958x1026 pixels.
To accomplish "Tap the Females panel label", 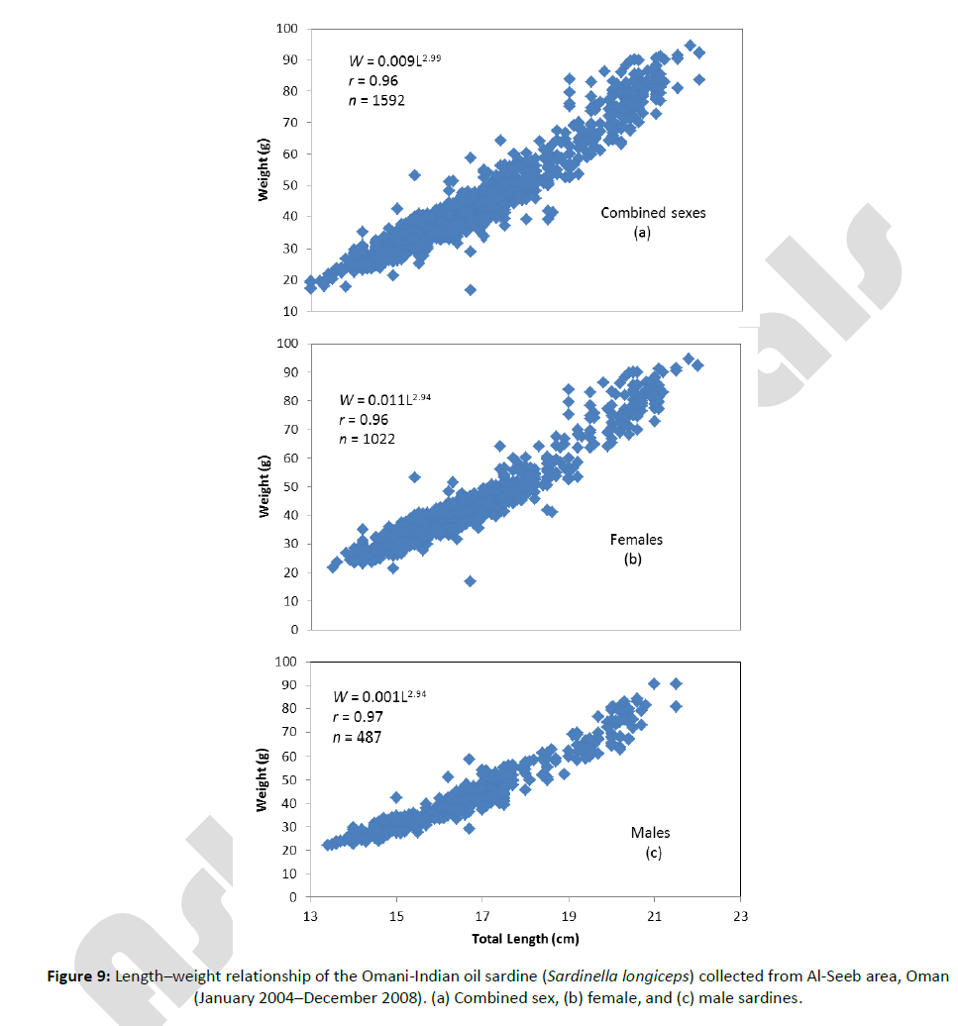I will (x=636, y=540).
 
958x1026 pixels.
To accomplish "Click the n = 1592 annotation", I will (x=376, y=100).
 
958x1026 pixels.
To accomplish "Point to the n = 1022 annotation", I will (x=367, y=439).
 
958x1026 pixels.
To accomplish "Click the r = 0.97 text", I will (x=359, y=716).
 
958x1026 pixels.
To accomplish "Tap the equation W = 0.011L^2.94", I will (x=384, y=400).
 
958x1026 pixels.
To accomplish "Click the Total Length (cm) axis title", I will (x=525, y=939).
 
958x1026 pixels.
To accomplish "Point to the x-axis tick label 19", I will (x=569, y=916).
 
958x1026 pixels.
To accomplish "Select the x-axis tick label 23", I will (x=740, y=916).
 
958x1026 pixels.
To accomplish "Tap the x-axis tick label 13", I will (x=311, y=916).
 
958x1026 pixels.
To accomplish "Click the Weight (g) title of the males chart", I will (x=264, y=778).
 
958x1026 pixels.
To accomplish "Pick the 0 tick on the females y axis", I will (x=294, y=630).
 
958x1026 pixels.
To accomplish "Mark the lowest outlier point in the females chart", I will (x=470, y=581).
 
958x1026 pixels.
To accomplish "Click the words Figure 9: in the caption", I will (x=79, y=976).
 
